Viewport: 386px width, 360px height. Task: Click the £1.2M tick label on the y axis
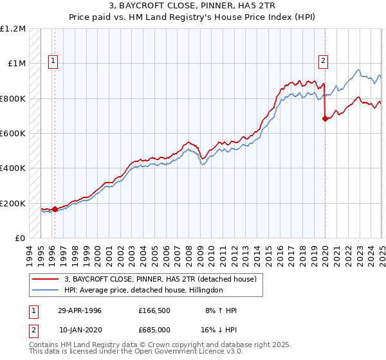(x=14, y=29)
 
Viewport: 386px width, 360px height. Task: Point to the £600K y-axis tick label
(x=13, y=134)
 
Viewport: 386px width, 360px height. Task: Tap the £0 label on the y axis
(x=20, y=239)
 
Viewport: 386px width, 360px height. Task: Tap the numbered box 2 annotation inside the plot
(x=322, y=62)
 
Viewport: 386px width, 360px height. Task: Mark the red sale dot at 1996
(x=55, y=209)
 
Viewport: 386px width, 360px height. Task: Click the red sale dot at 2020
(x=325, y=118)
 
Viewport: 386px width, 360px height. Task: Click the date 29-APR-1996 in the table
(x=80, y=310)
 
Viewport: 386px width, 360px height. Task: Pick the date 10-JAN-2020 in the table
(x=80, y=329)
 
